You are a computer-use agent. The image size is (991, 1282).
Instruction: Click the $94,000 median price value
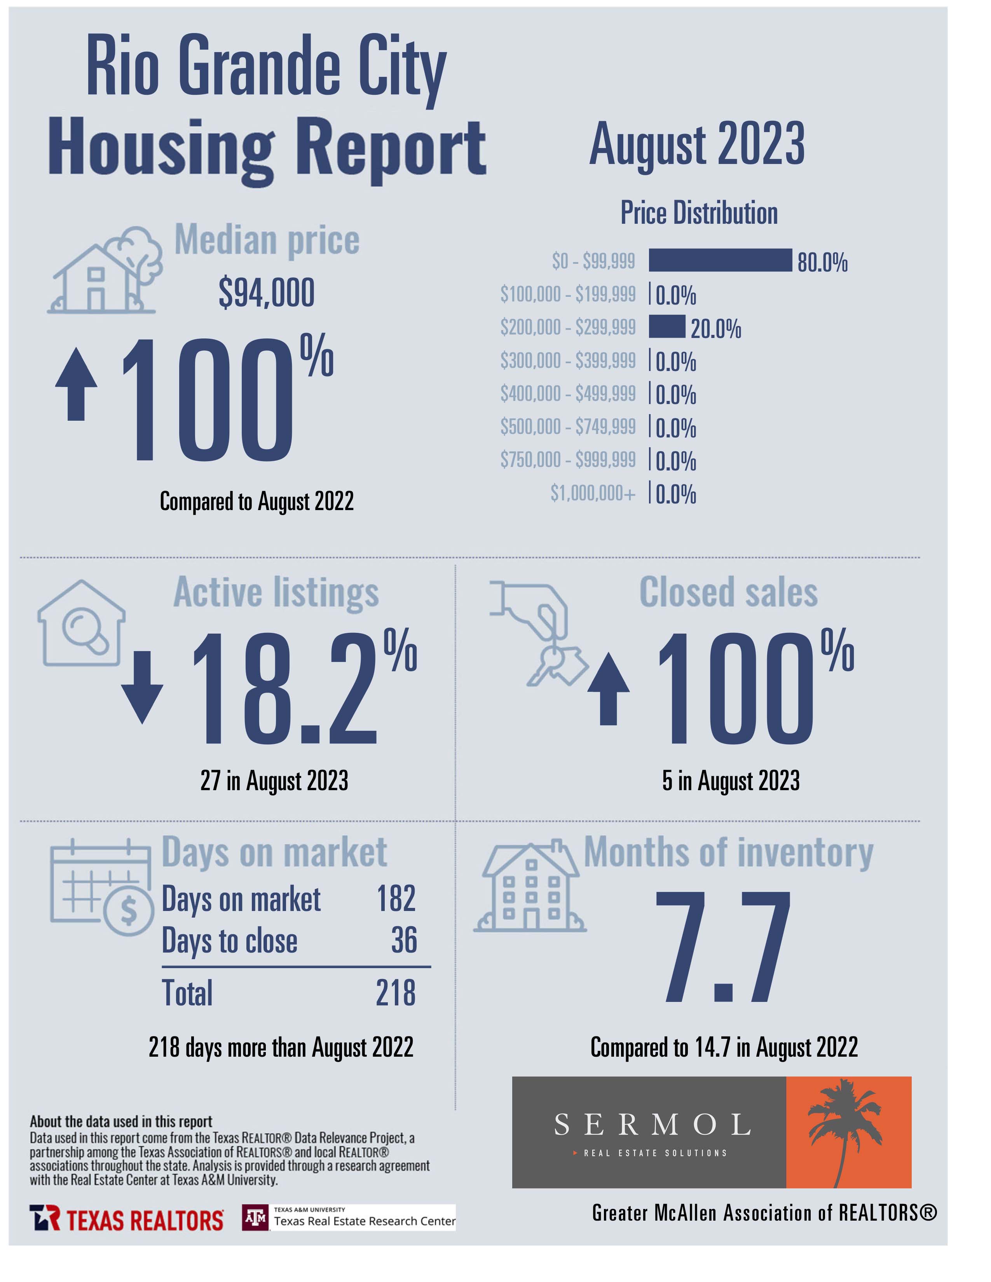coord(267,293)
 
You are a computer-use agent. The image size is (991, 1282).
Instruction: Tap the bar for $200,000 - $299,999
coord(666,326)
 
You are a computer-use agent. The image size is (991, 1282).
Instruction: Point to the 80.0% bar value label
coord(822,262)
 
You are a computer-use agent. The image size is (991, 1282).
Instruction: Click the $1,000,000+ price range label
coord(592,493)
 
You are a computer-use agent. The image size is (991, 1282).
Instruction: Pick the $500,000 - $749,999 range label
coord(568,427)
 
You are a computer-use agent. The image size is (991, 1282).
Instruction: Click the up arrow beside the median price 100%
coord(76,384)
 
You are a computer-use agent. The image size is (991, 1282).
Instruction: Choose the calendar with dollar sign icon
coord(101,887)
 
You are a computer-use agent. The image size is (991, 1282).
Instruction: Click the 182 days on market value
coord(396,898)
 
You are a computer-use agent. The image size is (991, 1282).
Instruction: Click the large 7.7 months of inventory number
coord(723,947)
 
